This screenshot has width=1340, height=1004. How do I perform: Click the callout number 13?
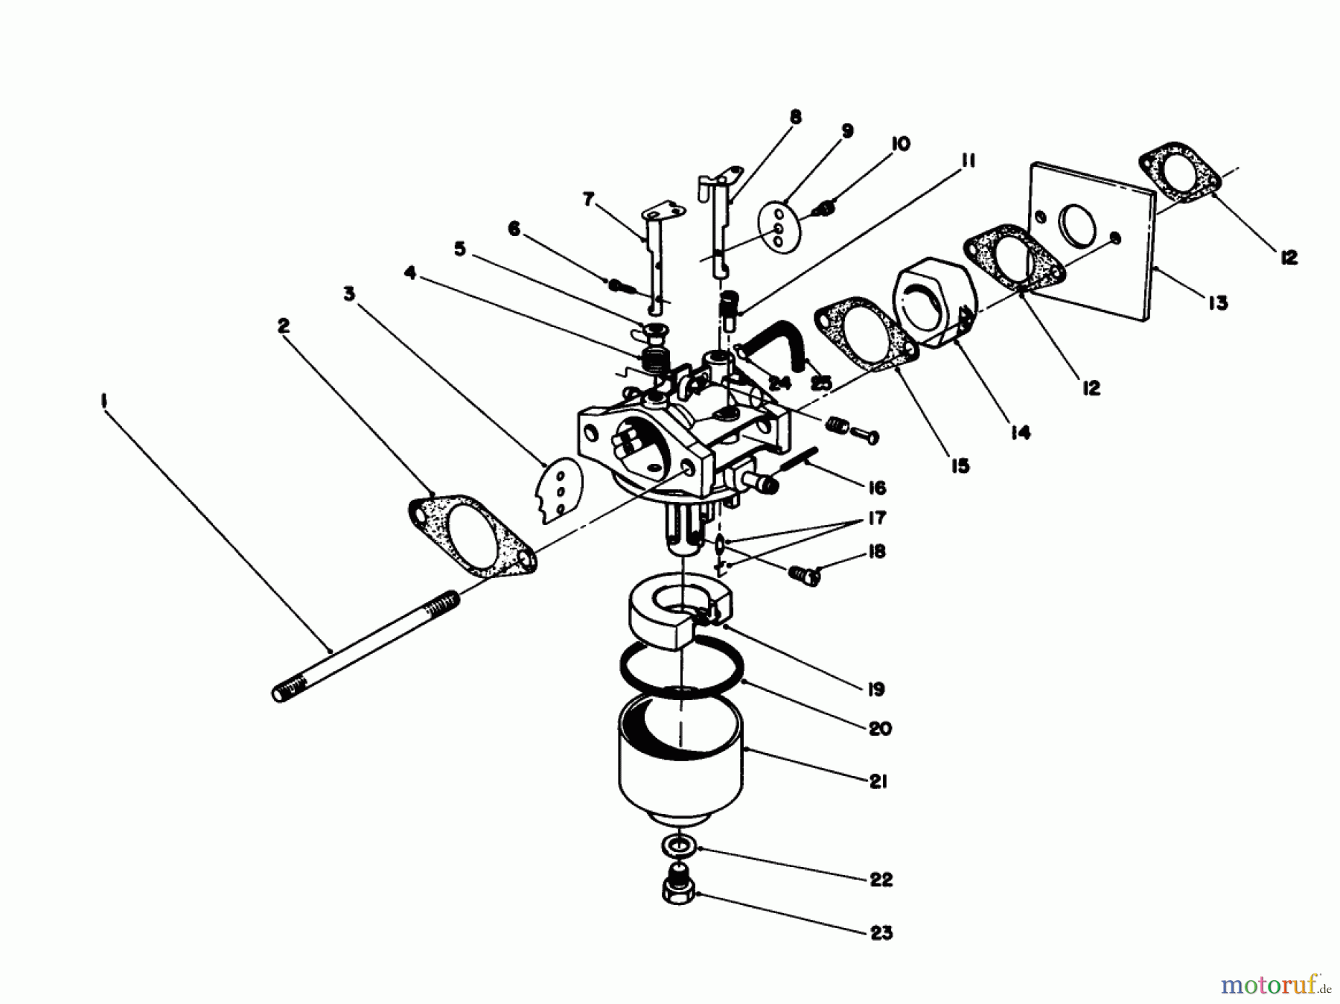1218,303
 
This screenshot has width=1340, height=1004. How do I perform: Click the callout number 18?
877,552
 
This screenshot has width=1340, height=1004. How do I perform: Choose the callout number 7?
589,200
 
